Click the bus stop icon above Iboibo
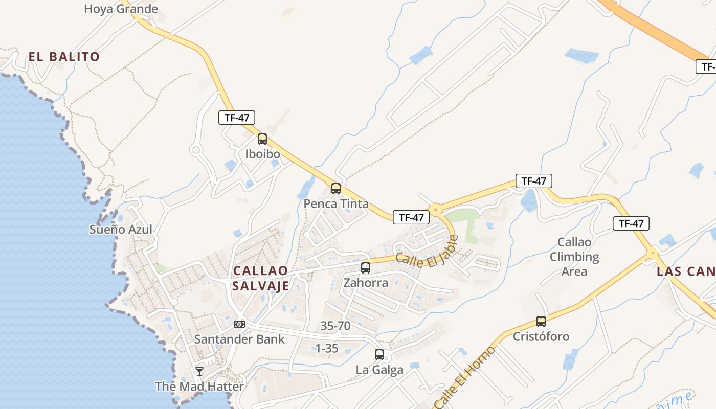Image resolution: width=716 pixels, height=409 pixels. coord(262,139)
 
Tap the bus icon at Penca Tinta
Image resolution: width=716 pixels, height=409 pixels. coord(336,188)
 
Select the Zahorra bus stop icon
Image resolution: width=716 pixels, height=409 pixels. coord(366,267)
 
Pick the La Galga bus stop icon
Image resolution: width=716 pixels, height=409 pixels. coord(379,354)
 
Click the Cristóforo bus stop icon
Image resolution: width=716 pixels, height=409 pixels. coord(541,321)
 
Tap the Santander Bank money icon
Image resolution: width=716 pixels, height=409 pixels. coord(239,324)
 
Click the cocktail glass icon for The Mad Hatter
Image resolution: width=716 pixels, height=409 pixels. coord(199,372)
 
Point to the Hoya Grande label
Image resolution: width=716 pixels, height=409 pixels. coord(121,9)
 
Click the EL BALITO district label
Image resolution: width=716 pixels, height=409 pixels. coord(64,56)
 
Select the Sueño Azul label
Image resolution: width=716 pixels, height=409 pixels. coord(121,230)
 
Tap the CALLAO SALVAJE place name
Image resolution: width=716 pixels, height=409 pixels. coord(260,278)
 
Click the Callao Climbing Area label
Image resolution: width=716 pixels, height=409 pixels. coord(574,257)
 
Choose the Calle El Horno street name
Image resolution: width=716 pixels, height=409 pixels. coord(465,377)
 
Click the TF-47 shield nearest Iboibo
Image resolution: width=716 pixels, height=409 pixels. coord(237,118)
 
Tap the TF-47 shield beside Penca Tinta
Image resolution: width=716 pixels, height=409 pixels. coord(411,217)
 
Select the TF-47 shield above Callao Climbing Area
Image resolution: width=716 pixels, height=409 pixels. coord(534,181)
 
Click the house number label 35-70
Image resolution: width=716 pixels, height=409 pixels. coord(335,326)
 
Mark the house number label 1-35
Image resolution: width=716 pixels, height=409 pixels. coord(327,348)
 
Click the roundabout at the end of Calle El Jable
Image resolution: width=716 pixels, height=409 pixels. coord(436,209)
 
